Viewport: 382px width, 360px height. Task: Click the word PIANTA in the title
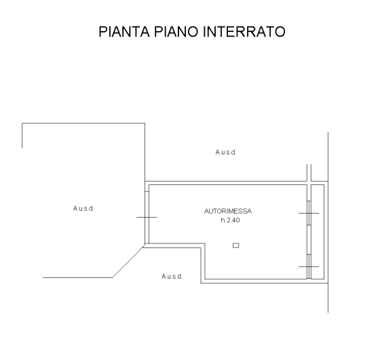124,32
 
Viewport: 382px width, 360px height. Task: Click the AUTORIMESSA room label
228,211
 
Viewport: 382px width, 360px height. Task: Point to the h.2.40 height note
230,220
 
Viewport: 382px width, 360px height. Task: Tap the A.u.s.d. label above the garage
226,153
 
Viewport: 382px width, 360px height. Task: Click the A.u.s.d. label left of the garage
83,209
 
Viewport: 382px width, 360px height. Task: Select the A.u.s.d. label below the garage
172,276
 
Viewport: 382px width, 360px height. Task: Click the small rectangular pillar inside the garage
236,245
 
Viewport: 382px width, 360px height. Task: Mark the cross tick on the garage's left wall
147,217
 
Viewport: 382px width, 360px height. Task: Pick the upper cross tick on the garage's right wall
309,214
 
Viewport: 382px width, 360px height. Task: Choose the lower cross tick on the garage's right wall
309,266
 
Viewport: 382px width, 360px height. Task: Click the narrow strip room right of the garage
318,232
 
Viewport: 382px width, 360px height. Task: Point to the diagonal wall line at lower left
128,262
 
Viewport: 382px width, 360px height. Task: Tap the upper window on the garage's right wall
309,213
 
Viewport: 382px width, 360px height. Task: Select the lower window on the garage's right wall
309,266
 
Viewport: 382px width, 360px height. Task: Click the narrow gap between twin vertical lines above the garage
309,173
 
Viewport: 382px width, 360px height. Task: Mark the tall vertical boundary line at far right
328,222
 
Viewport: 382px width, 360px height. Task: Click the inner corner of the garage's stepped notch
205,243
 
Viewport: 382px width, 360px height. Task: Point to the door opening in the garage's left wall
147,218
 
